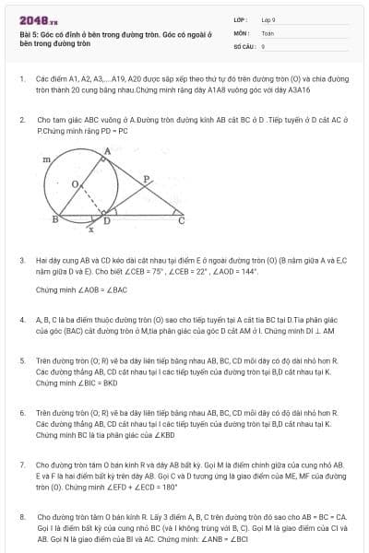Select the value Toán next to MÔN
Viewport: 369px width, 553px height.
coord(268,32)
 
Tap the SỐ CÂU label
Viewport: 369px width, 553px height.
coord(243,45)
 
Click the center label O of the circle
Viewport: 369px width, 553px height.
coord(75,183)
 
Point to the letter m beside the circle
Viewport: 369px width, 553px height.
coord(47,160)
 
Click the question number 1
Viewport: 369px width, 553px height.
coord(21,79)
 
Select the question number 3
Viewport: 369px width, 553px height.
coord(21,261)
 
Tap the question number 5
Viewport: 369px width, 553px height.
coord(21,360)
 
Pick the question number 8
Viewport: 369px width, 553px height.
coord(21,518)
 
